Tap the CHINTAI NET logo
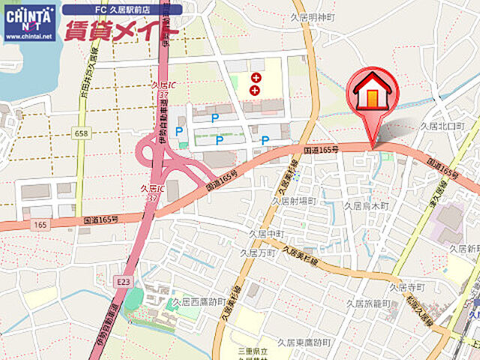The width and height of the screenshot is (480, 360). point(29,17)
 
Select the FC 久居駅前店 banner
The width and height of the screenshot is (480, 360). point(121,10)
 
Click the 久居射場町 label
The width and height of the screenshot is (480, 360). point(294,201)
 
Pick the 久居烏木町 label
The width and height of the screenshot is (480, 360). point(366,205)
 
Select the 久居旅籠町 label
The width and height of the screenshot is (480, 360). point(369,302)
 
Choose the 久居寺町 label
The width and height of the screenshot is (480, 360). point(406,286)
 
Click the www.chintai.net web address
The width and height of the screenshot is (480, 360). point(29,35)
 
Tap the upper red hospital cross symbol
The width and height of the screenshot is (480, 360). point(256,76)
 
